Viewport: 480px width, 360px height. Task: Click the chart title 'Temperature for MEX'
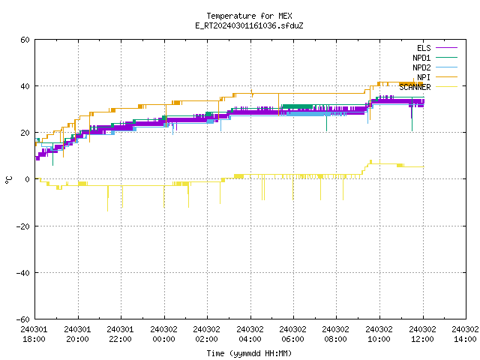coord(249,16)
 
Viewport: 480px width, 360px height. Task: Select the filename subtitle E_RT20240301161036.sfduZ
coord(249,25)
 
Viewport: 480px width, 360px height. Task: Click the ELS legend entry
coord(424,48)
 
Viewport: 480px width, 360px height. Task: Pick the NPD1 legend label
coord(421,58)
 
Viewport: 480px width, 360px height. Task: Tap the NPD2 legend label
coord(421,67)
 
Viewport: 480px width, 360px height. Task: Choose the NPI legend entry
coord(424,77)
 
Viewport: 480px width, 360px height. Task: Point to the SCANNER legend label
coord(415,87)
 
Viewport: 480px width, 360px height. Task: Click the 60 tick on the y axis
coord(25,40)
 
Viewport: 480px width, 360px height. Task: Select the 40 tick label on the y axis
coord(25,86)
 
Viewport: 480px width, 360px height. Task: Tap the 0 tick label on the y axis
coord(28,179)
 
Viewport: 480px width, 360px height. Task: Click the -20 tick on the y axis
coord(23,226)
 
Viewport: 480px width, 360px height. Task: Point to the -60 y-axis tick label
coord(23,319)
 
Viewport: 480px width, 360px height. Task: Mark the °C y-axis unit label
coord(8,180)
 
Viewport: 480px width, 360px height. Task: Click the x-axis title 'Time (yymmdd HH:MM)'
coord(249,353)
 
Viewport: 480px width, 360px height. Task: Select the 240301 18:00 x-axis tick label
coord(34,334)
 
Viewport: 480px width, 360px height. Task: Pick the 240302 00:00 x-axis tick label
coord(163,334)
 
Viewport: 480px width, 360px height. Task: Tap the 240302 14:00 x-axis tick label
coord(465,334)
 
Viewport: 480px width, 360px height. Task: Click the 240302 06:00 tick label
coord(293,334)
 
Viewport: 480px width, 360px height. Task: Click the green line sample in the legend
coord(446,57)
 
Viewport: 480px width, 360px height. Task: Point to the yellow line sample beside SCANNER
coord(446,87)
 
